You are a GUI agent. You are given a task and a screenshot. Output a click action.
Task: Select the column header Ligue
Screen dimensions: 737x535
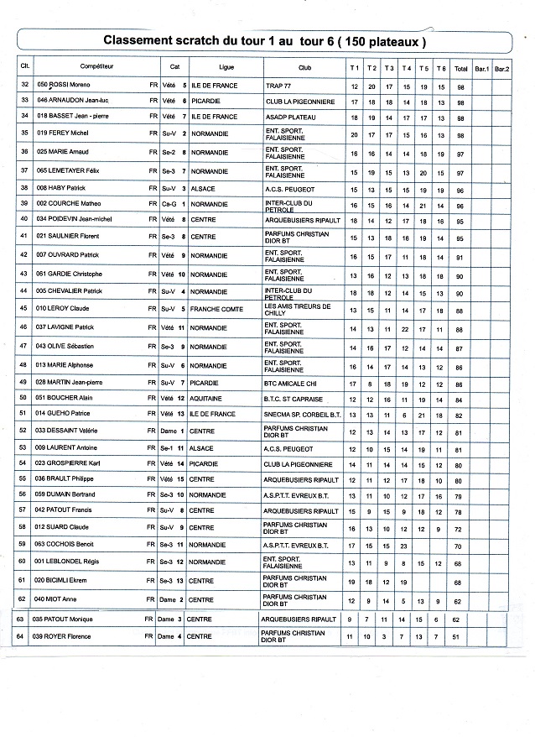tap(226, 65)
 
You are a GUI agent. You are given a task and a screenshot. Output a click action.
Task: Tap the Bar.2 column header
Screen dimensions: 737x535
tap(501, 66)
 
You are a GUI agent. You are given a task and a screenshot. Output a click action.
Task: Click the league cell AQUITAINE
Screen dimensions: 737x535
tap(206, 399)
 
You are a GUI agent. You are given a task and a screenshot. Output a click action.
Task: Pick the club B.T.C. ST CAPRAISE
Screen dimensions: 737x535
tap(292, 399)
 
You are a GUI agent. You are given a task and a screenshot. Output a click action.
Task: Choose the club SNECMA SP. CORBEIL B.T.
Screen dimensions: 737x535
tap(303, 414)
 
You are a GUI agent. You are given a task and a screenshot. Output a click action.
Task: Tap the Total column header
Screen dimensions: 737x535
tap(460, 66)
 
